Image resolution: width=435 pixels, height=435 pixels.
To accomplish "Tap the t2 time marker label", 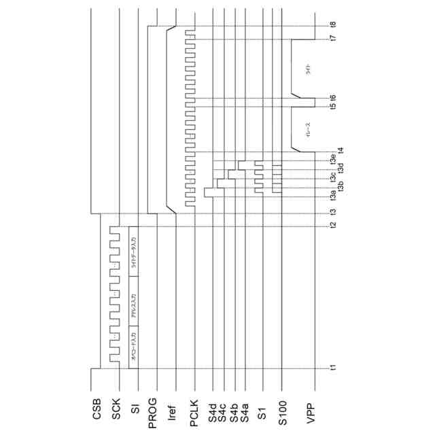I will (x=333, y=225).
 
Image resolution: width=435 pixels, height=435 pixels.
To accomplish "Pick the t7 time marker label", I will (x=333, y=40).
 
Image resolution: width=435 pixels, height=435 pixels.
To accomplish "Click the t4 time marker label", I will (x=340, y=150).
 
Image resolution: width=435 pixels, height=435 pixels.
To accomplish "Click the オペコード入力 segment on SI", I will (x=134, y=345).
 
